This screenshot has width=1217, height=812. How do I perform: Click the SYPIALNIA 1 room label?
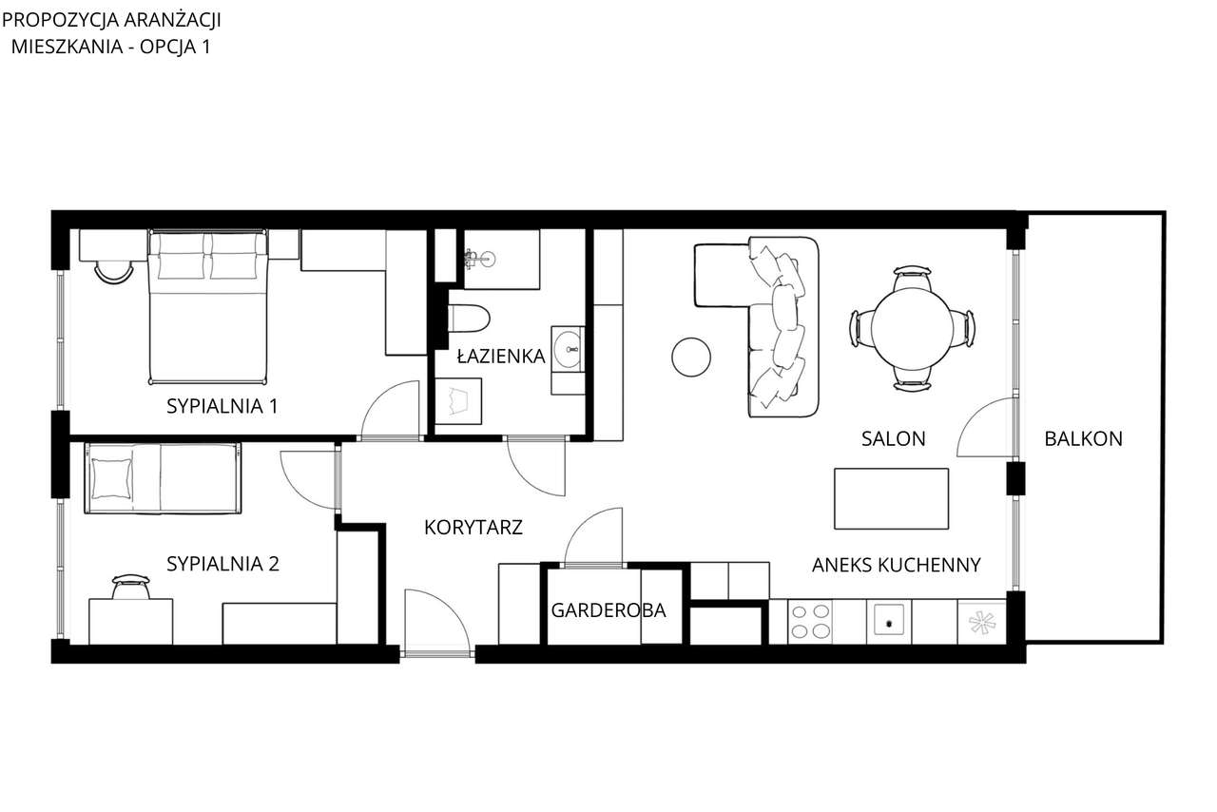pos(222,406)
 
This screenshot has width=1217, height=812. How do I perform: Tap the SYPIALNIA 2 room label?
pos(222,563)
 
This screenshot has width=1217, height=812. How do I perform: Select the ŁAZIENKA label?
pos(501,357)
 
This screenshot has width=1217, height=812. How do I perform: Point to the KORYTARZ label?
pos(473,527)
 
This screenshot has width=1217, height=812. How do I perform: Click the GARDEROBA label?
pos(608,610)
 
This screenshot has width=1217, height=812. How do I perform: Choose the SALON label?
pos(893,438)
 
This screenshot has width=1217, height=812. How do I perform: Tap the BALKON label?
pos(1083,438)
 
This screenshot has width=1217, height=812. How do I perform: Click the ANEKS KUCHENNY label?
pos(896,565)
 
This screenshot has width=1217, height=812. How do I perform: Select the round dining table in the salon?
pos(913,329)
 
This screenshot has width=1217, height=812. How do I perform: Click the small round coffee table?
pos(691,357)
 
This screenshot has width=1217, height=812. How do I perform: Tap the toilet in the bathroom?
pos(469,318)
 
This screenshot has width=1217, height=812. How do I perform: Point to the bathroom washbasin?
pos(569,349)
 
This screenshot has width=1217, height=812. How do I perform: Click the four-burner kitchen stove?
pos(809,621)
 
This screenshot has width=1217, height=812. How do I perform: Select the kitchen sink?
pos(889,622)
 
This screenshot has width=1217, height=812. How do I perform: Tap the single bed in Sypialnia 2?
pos(163,478)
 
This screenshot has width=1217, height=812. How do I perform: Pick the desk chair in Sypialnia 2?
pos(130,587)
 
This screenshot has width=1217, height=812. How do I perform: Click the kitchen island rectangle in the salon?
pos(891,498)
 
